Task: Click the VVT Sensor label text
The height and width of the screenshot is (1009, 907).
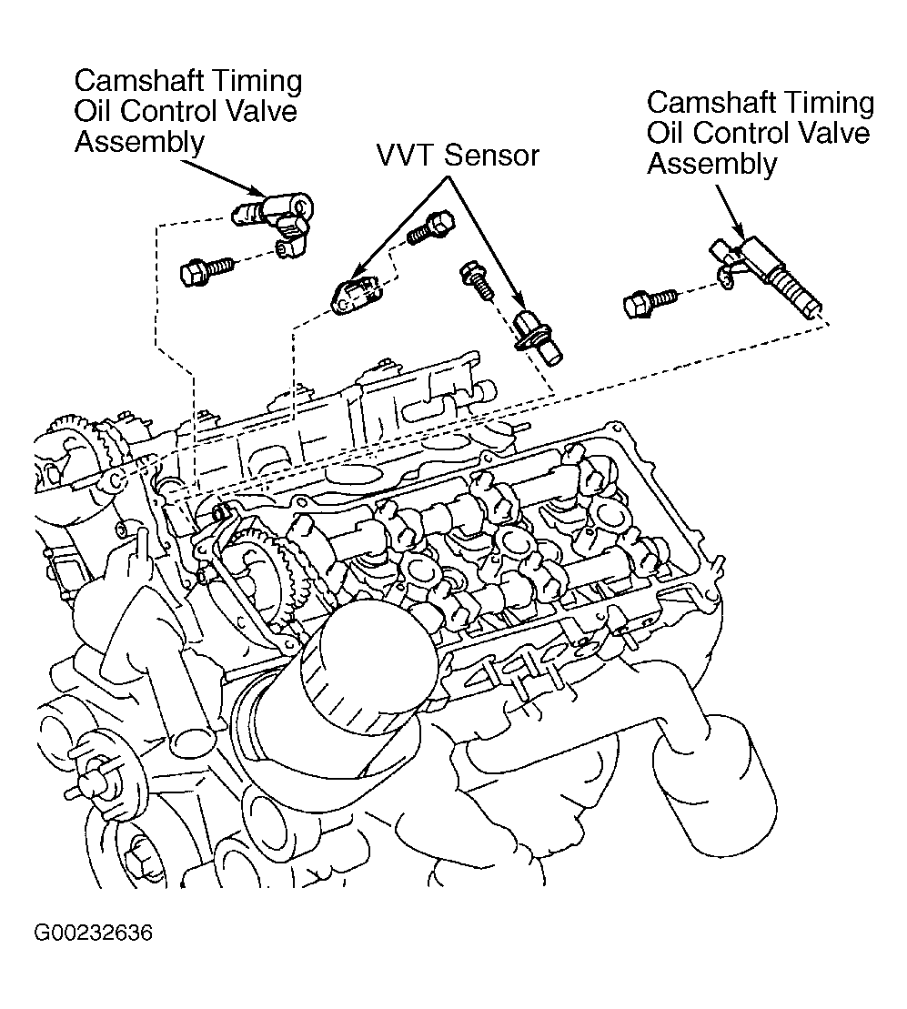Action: (458, 156)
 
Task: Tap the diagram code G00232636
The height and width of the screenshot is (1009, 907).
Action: (94, 933)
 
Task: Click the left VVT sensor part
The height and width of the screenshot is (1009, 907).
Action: (355, 294)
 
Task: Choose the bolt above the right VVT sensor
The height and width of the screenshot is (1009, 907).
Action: (477, 280)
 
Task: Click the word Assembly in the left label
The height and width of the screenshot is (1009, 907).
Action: (139, 142)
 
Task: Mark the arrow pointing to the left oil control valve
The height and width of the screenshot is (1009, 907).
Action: (222, 177)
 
